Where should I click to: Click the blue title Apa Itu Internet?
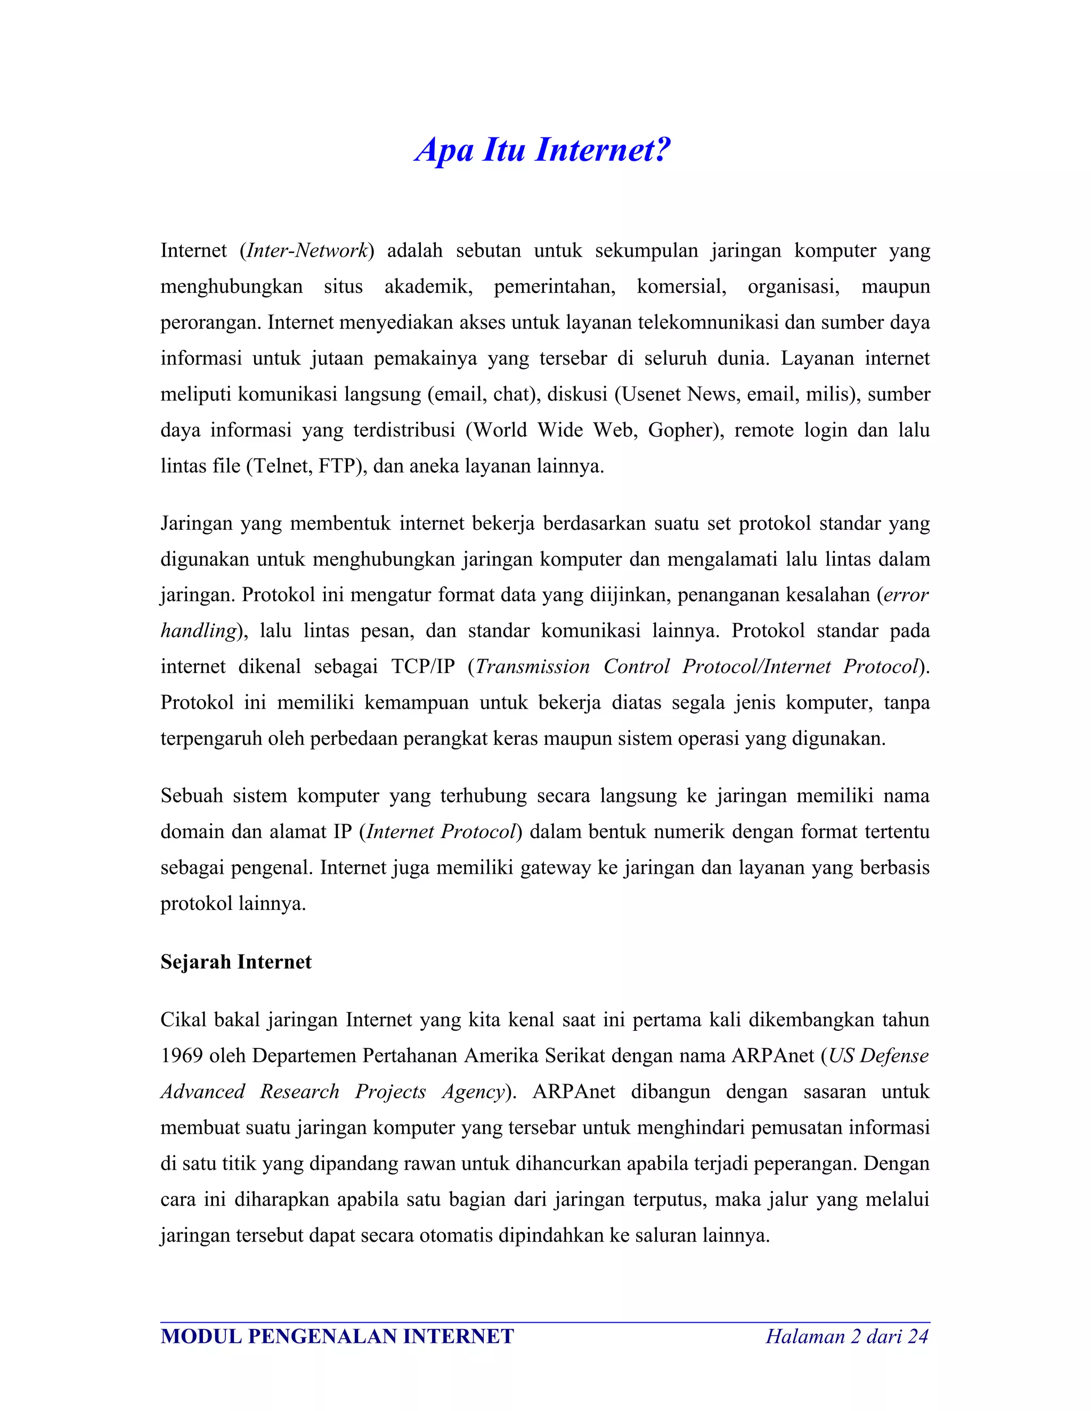[x=543, y=150]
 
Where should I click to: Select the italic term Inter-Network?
[x=307, y=251]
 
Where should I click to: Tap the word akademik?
[x=428, y=286]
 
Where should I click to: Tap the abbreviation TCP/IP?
[x=424, y=667]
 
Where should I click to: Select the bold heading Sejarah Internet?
[x=236, y=962]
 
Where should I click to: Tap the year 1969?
[x=182, y=1056]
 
